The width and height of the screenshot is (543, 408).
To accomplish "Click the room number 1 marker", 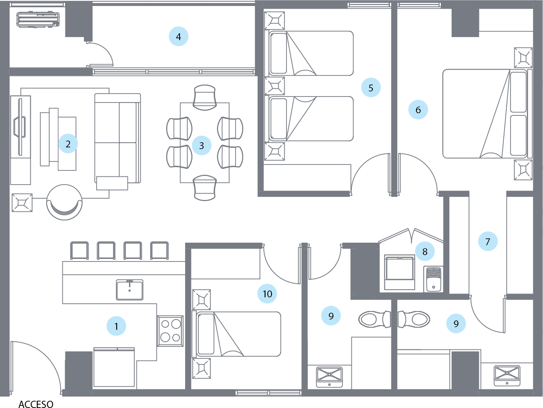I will [x=116, y=327].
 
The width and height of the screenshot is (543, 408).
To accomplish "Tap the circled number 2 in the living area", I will [x=68, y=144].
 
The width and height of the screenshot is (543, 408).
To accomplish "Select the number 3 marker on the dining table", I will [x=201, y=146].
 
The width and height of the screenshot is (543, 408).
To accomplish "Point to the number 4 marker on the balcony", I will [x=178, y=37].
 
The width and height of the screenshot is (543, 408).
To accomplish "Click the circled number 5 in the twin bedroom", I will [x=371, y=88].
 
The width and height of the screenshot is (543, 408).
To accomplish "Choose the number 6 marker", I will [x=418, y=110].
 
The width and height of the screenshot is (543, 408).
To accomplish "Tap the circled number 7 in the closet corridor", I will [x=488, y=242].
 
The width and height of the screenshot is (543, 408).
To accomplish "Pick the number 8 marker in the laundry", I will [x=425, y=251].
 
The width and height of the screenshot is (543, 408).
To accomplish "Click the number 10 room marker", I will [x=267, y=294].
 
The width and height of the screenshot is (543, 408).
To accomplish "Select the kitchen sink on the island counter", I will [x=130, y=289].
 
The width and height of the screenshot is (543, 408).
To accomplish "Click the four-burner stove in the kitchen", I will [x=171, y=330].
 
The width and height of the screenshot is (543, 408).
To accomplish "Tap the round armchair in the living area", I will [x=65, y=202].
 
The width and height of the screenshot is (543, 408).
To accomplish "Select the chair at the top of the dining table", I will [x=205, y=96].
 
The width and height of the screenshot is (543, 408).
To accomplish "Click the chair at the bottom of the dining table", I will [x=205, y=188].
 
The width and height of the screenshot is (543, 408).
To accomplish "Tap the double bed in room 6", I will [x=485, y=114].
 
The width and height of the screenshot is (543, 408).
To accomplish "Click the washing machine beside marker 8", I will [x=399, y=272].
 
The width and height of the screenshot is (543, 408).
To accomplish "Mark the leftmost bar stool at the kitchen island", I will [x=79, y=251].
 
